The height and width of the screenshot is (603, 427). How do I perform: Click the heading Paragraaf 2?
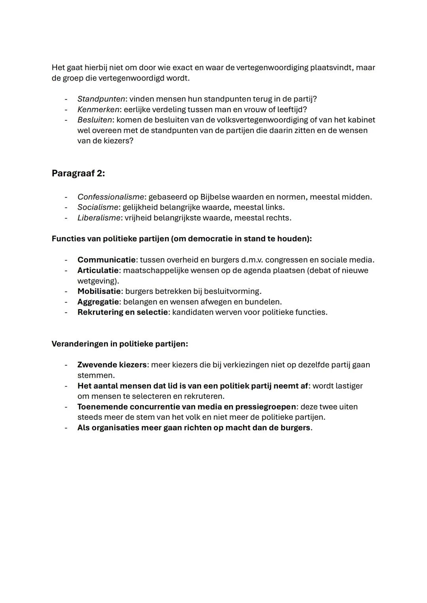[x=78, y=173]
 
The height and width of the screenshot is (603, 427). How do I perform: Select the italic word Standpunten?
[x=101, y=99]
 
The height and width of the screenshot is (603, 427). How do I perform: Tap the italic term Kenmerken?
[x=98, y=109]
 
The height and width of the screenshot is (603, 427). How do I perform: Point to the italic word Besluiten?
[x=94, y=120]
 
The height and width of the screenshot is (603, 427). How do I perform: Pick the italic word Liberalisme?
[x=99, y=218]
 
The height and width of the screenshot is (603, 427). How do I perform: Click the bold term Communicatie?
[x=106, y=260]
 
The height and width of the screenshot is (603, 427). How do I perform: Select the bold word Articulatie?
[x=98, y=271]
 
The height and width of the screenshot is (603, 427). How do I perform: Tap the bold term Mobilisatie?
[x=99, y=291]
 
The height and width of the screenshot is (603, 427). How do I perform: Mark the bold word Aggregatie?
[x=98, y=302]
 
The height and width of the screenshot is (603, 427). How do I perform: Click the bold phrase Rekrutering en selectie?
[x=123, y=312]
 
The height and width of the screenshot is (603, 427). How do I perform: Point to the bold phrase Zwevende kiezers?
[x=112, y=365]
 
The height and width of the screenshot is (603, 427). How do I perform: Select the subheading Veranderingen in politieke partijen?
[x=119, y=344]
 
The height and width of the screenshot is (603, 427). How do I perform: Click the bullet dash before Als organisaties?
[x=66, y=428]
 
